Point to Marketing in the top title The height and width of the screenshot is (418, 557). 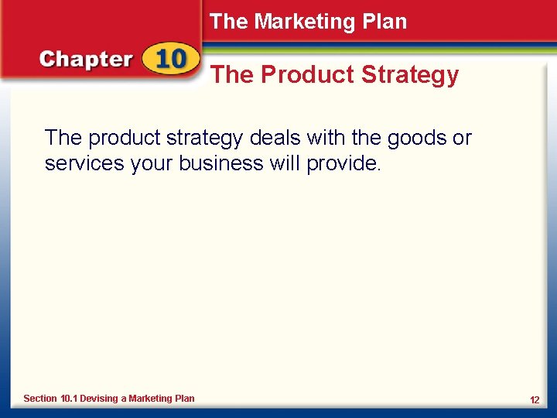[309, 22]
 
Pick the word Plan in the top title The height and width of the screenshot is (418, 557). [388, 22]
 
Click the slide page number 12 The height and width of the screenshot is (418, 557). [535, 399]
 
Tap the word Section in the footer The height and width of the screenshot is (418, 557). [40, 399]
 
